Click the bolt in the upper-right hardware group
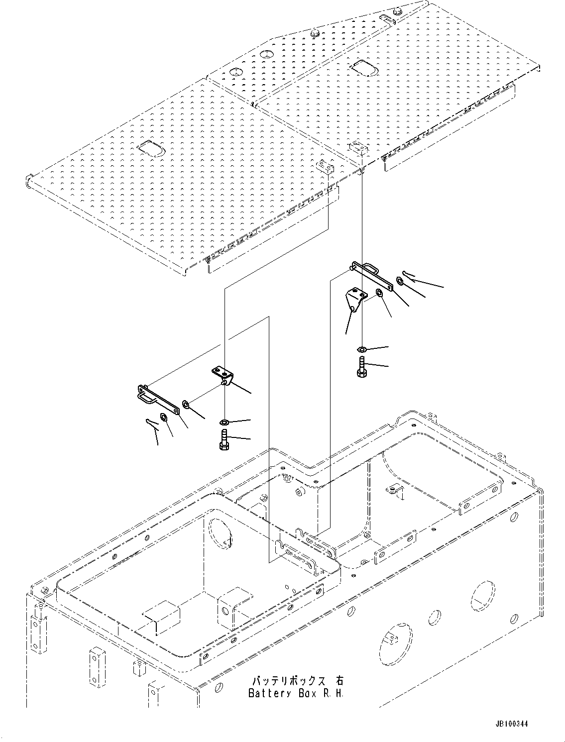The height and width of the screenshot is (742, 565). click(362, 367)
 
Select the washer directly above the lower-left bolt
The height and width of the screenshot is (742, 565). click(224, 423)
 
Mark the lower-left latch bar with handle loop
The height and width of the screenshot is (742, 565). click(156, 399)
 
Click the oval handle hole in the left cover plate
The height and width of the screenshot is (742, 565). click(148, 147)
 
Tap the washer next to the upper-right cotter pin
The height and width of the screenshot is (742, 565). click(399, 283)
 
